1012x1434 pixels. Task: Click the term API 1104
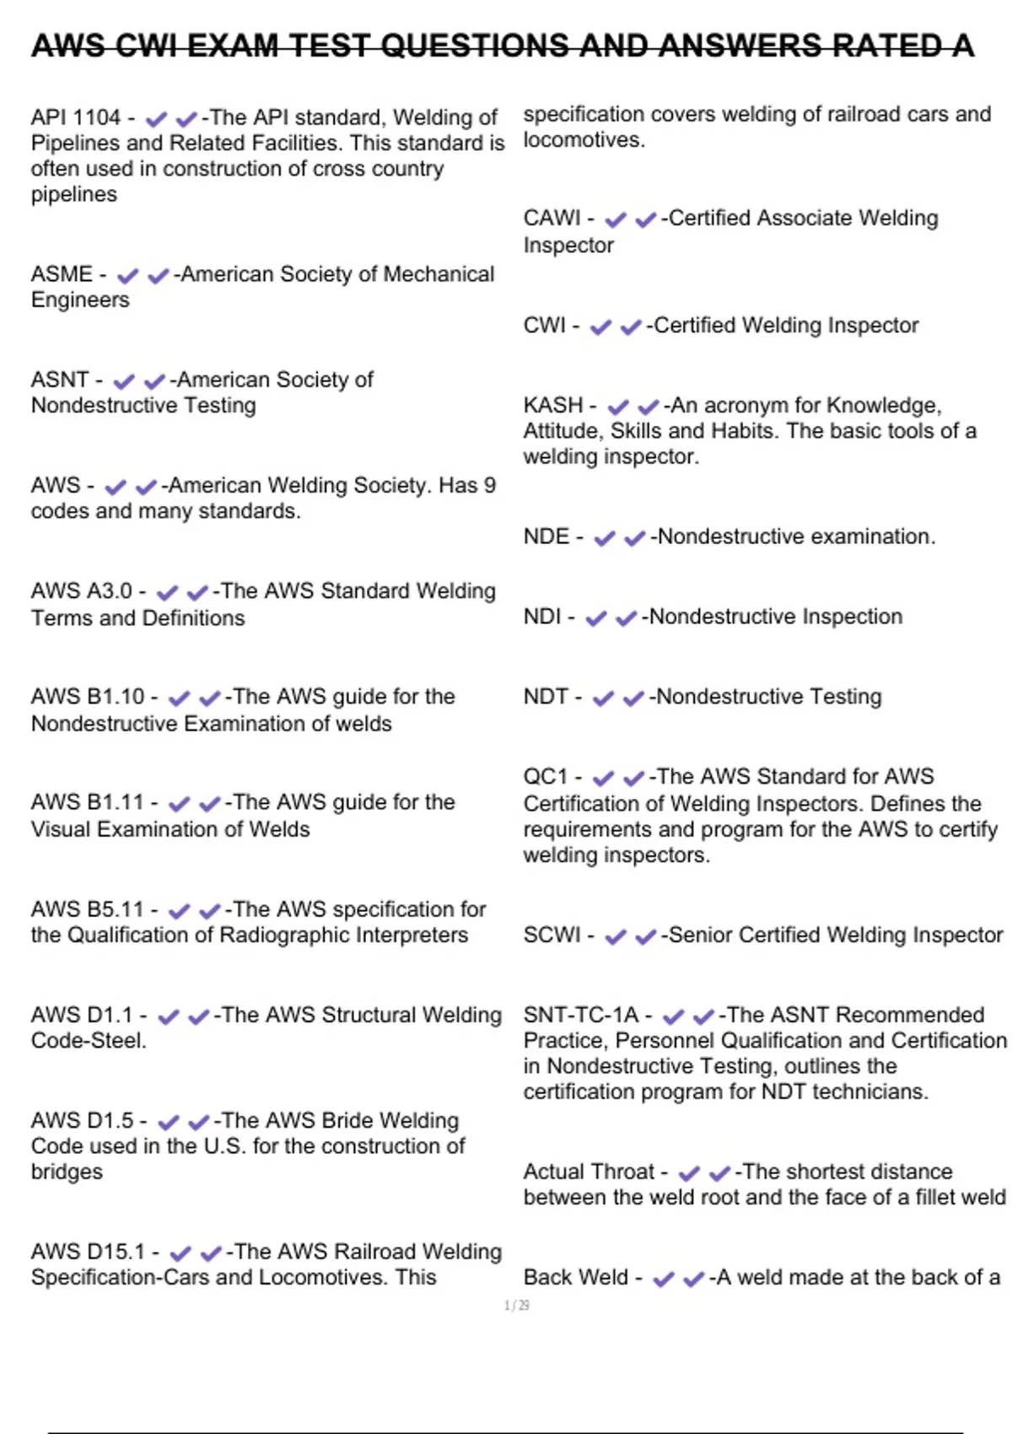click(76, 117)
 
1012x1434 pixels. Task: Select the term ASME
click(62, 274)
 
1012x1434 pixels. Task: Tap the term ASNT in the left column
click(60, 380)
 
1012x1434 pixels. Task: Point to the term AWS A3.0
click(82, 590)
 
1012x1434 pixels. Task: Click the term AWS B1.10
click(88, 697)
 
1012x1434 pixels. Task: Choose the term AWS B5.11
click(88, 909)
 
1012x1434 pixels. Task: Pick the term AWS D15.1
click(88, 1251)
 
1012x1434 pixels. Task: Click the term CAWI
click(552, 218)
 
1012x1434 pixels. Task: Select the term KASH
click(553, 405)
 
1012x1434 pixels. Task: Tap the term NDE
click(546, 536)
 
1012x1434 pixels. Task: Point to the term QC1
click(546, 776)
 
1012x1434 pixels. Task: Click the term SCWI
click(552, 935)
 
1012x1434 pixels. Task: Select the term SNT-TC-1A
click(581, 1015)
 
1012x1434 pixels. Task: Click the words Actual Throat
click(589, 1172)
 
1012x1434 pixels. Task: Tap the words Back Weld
click(576, 1277)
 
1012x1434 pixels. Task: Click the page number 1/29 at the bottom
click(516, 1306)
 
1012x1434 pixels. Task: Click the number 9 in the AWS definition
click(490, 485)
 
